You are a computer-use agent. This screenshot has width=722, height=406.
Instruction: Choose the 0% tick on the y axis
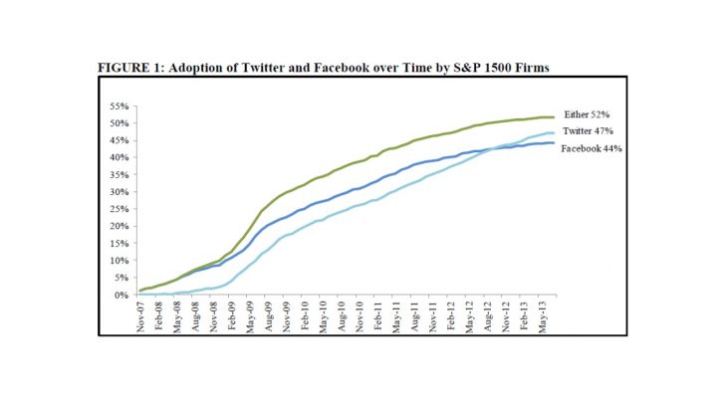coord(120,296)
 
